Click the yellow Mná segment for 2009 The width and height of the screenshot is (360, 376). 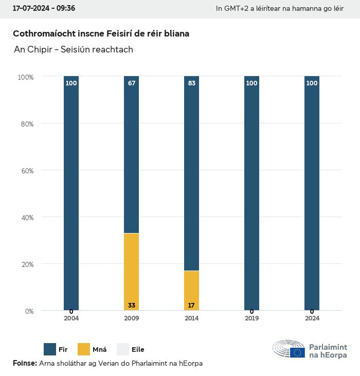[x=131, y=272]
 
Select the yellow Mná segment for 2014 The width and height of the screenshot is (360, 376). [x=191, y=290]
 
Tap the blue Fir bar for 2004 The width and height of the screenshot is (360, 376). [x=71, y=193]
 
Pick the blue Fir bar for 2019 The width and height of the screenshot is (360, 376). [x=251, y=193]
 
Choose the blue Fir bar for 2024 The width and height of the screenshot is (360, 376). [x=312, y=193]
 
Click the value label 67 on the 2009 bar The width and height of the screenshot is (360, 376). [x=132, y=83]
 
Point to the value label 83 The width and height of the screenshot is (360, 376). [x=192, y=83]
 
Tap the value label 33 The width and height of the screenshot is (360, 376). [x=132, y=306]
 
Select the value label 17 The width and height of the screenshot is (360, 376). [x=191, y=306]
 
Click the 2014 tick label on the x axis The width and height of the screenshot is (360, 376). [x=191, y=318]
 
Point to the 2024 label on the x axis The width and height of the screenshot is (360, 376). [x=312, y=318]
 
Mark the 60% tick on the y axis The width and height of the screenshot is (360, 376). [x=26, y=170]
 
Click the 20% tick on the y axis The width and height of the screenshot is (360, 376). [x=26, y=264]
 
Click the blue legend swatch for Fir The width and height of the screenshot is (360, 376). [x=50, y=349]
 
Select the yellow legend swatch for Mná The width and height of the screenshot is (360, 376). [x=83, y=349]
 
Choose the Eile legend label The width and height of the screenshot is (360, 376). [x=138, y=350]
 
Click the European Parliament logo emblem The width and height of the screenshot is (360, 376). [x=289, y=349]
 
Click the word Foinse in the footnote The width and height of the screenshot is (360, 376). [x=24, y=364]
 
